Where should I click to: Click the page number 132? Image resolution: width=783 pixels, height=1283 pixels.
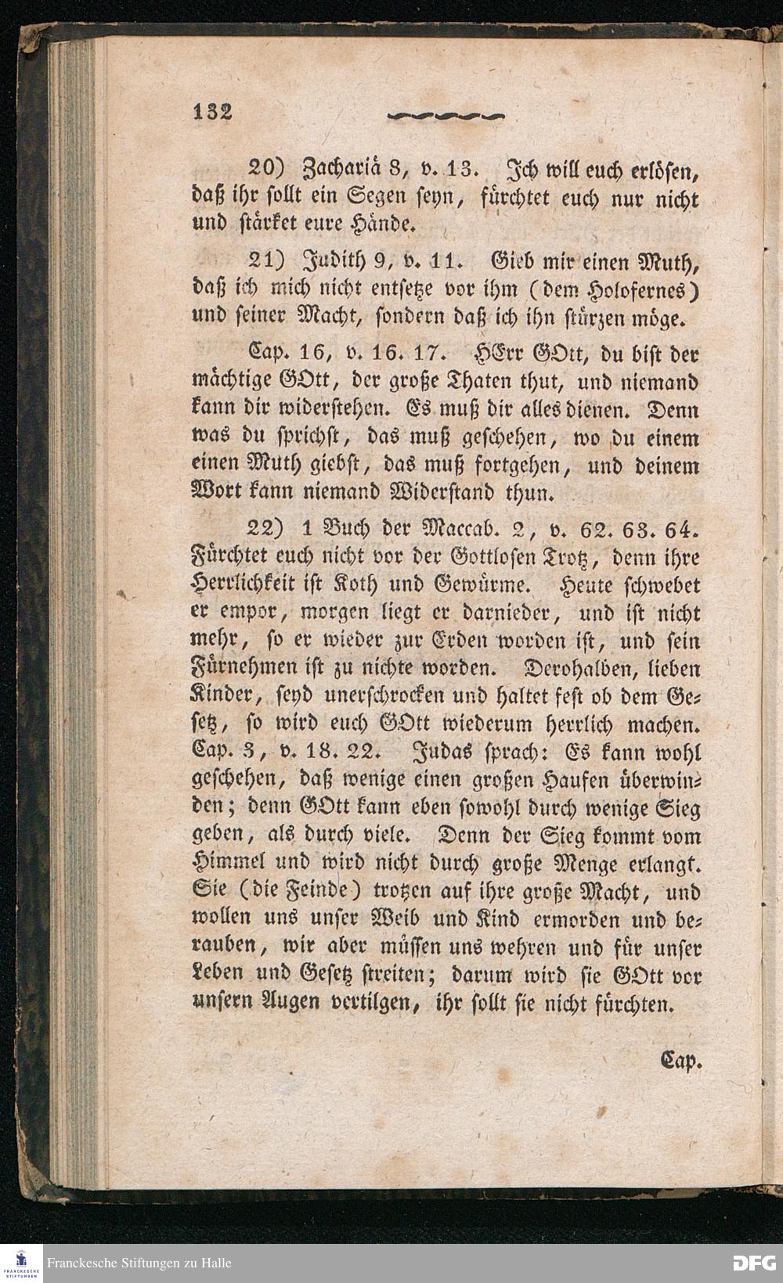tap(212, 111)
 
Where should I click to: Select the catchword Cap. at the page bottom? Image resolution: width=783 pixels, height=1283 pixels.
tap(682, 1062)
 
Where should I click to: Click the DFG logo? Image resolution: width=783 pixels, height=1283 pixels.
tap(753, 1263)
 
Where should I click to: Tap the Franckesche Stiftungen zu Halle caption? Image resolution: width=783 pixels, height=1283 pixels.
tap(139, 1263)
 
